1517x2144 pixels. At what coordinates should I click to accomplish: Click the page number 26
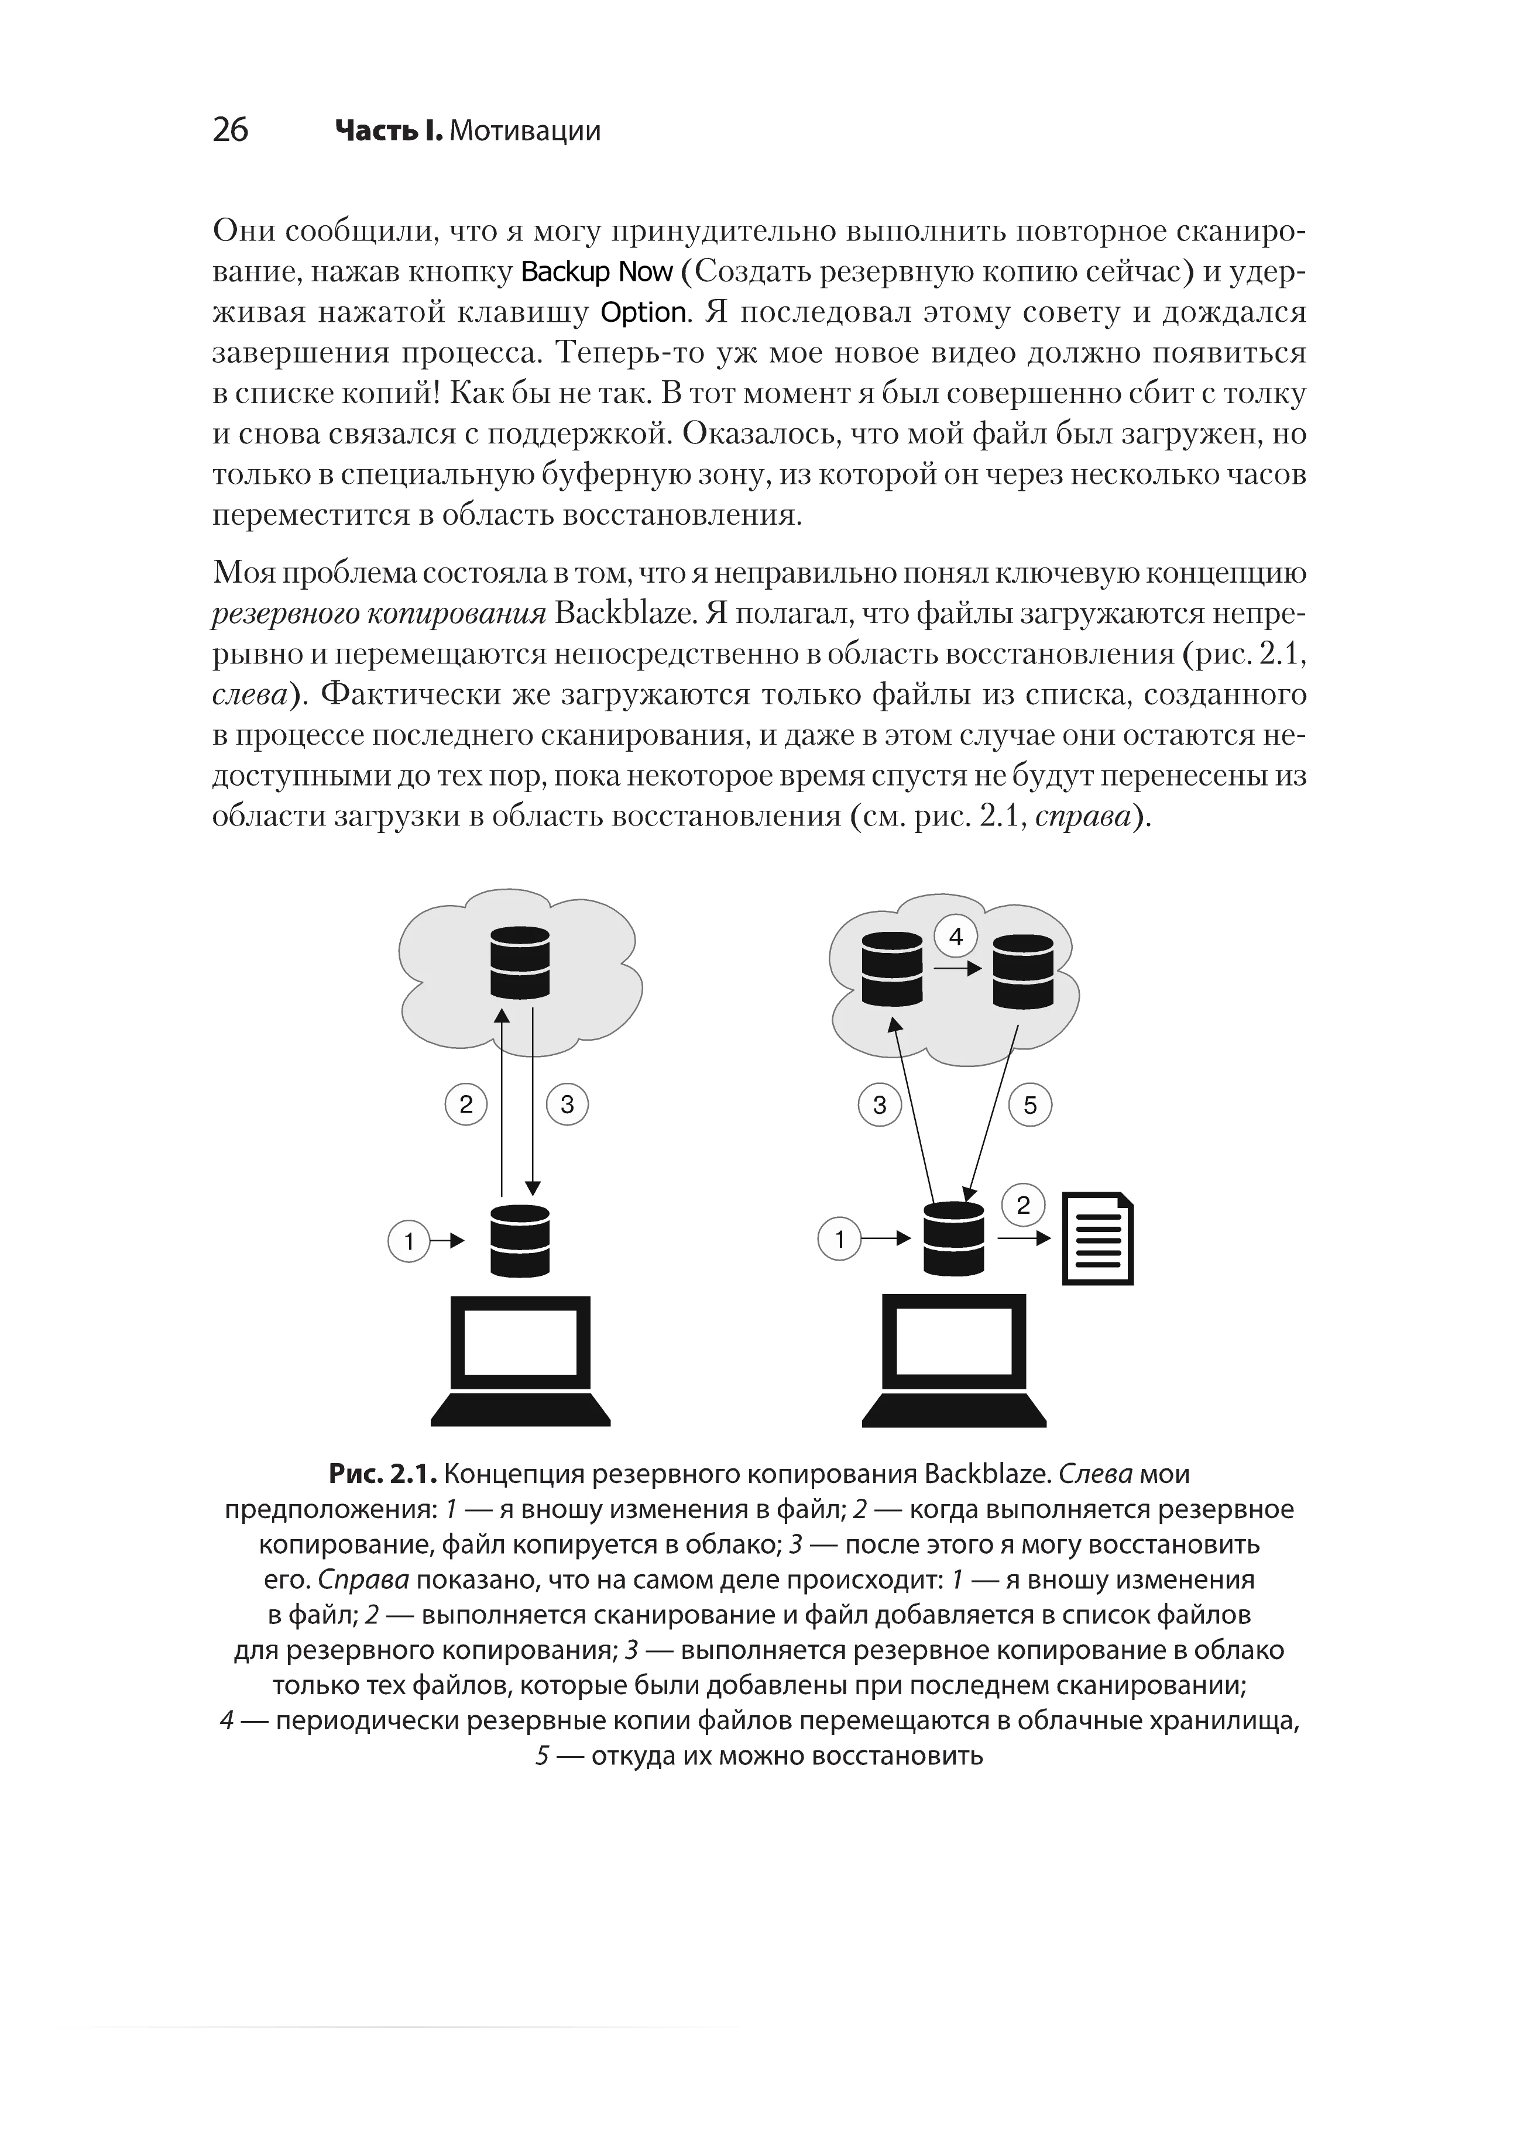pos(230,130)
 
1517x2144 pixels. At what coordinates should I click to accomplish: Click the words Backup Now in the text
pos(597,272)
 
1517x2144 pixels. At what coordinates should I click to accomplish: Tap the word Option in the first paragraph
pos(644,313)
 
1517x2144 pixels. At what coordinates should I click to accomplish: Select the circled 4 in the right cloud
pos(956,937)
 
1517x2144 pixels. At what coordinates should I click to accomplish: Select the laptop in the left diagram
pos(520,1361)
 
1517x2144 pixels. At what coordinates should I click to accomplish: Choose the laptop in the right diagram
pos(953,1361)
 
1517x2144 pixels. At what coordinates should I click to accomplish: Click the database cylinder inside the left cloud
pos(520,963)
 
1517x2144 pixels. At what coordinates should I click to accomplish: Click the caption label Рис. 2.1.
pos(383,1474)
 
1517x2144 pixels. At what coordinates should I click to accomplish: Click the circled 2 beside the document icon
pos(1024,1206)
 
